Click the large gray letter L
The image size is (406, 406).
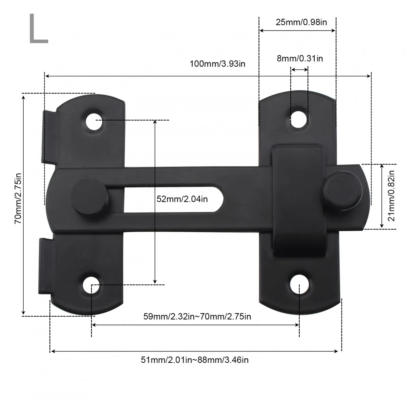tap(38, 28)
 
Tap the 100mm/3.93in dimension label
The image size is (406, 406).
tap(218, 64)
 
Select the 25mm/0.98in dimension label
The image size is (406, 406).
tap(301, 22)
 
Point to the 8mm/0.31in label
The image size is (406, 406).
tap(300, 59)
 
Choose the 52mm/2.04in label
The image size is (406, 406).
tap(182, 199)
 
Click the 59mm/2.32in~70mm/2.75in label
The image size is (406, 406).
tap(197, 317)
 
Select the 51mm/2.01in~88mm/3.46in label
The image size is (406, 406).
tap(195, 360)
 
